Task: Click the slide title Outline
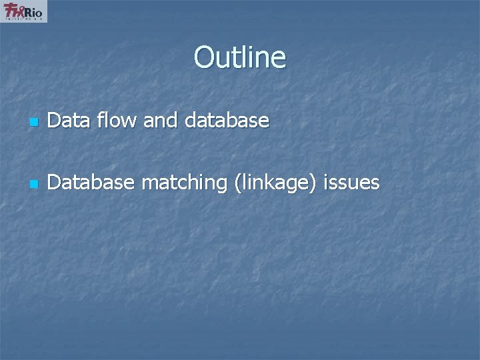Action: click(x=240, y=57)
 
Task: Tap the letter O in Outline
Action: click(x=204, y=57)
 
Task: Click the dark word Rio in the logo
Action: click(x=35, y=11)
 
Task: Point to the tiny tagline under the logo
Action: click(x=25, y=19)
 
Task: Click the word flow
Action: click(x=119, y=121)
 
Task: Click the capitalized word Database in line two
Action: click(x=91, y=182)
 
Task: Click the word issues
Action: click(x=351, y=182)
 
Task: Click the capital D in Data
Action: click(x=54, y=121)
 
